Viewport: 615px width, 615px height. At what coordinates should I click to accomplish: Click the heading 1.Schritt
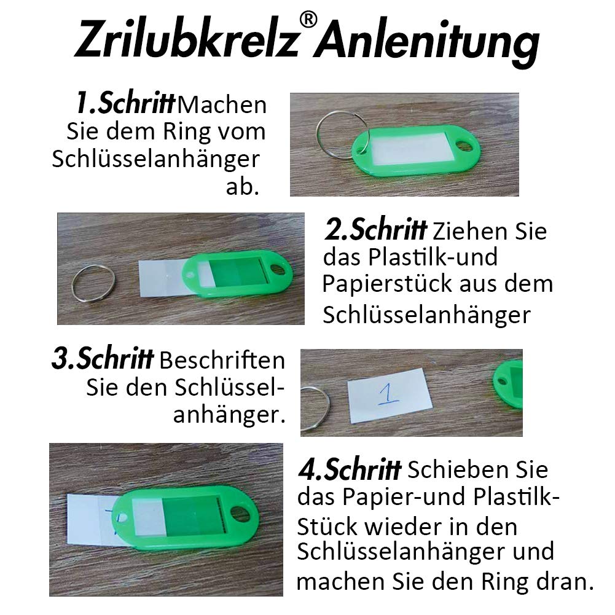(x=125, y=104)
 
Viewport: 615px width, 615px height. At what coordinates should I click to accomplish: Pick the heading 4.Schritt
(x=348, y=470)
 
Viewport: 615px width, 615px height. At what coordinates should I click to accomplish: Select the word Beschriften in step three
(x=222, y=361)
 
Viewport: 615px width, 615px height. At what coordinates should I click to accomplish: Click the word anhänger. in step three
(x=229, y=416)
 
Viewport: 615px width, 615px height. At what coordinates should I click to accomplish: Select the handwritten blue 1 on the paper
(x=388, y=394)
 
